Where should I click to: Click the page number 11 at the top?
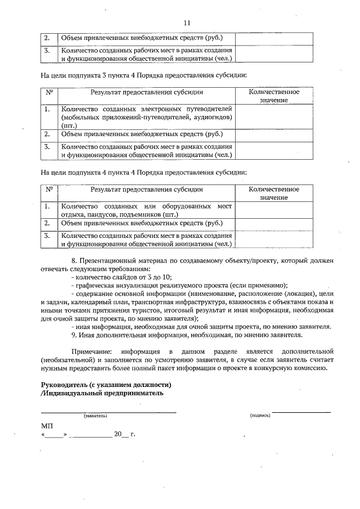point(187,22)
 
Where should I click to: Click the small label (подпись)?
point(260,416)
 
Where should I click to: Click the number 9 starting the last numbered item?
point(74,335)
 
